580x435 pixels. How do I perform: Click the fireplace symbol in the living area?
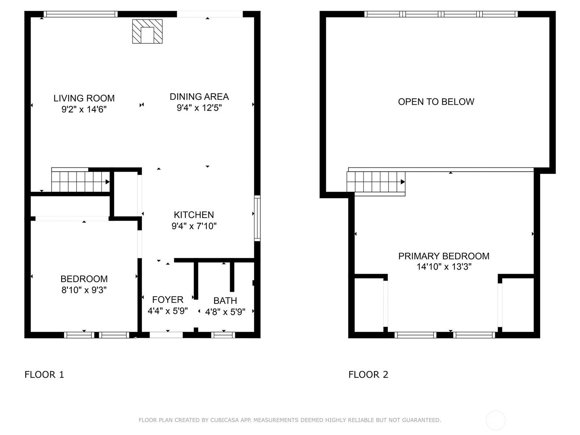click(x=147, y=31)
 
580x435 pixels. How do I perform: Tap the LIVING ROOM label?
click(x=84, y=98)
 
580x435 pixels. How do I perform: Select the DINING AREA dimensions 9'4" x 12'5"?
click(x=199, y=108)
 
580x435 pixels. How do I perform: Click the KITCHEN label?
click(x=194, y=215)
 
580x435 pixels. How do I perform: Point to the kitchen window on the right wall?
click(x=257, y=218)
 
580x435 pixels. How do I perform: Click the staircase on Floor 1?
click(x=80, y=180)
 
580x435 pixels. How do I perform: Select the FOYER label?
click(x=168, y=300)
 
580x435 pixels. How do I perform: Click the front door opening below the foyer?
click(x=166, y=335)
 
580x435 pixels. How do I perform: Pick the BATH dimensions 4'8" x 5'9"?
click(x=225, y=312)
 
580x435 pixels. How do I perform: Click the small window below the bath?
click(x=223, y=335)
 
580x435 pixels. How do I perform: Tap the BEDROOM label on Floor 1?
click(x=84, y=279)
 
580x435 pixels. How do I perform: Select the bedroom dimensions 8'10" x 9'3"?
click(x=84, y=290)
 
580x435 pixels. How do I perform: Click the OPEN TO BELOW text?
click(x=436, y=102)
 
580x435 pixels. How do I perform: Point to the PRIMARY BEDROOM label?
click(x=444, y=256)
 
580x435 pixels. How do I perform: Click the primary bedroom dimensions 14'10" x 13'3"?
click(x=444, y=267)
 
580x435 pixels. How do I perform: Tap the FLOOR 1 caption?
click(x=44, y=374)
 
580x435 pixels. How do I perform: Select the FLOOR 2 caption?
click(x=368, y=374)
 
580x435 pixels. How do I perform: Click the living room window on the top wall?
click(x=80, y=14)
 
